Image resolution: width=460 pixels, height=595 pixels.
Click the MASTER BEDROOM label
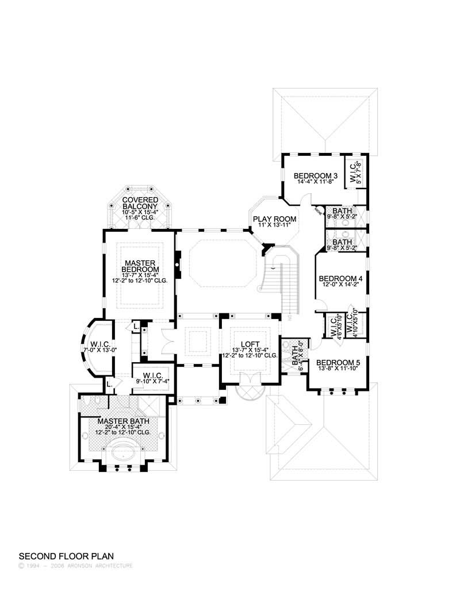140,266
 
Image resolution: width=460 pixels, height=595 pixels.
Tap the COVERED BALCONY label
140,202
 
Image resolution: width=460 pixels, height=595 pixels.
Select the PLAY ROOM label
274,219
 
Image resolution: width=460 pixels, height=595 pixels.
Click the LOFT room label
250,344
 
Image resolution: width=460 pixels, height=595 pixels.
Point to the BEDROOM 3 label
315,175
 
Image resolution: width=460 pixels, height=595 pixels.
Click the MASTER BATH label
120,421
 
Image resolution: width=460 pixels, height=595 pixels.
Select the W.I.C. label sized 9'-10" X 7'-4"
153,377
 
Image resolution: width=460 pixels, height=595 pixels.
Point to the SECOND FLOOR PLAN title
67,556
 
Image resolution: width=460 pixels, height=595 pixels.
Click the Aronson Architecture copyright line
76,566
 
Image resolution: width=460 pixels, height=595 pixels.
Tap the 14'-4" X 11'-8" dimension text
315,182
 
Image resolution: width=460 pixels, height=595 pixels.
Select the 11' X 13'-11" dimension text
274,225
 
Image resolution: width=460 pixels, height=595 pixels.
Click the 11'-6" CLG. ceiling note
140,218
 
